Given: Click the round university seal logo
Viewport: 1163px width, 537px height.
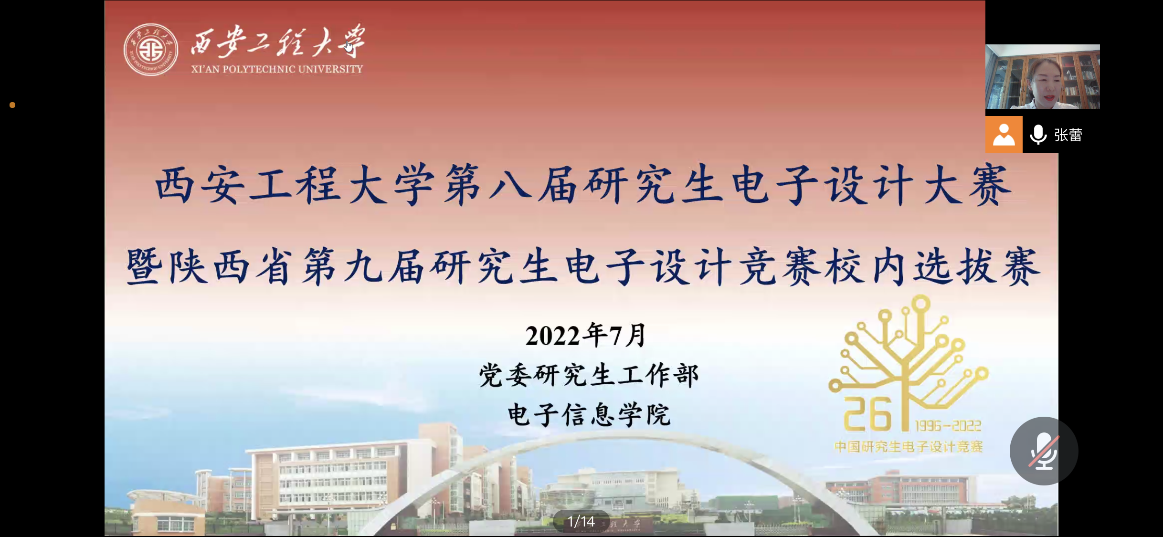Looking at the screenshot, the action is click(x=151, y=50).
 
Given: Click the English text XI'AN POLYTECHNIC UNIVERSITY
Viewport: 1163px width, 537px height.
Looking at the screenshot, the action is click(x=277, y=69).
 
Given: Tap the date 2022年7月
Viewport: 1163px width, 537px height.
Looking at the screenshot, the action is click(x=586, y=335).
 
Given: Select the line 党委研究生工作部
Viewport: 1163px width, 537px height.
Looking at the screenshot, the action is click(x=589, y=375).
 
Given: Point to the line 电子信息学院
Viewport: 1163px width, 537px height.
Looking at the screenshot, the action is click(x=589, y=414).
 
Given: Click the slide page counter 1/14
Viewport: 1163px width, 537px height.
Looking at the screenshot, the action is click(x=581, y=521).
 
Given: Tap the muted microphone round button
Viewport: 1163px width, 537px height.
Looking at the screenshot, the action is click(x=1044, y=451).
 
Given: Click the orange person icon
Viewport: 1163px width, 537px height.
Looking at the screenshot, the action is click(x=1004, y=135).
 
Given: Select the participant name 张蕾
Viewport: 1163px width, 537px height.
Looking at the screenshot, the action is click(x=1068, y=135).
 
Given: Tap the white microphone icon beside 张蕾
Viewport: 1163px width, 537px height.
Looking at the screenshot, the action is click(x=1038, y=135).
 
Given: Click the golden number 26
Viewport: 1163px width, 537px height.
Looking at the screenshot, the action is click(x=867, y=414).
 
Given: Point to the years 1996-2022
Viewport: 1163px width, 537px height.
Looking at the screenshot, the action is click(x=948, y=425).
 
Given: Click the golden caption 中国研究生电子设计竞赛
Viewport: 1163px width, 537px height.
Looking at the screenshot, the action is click(x=908, y=447).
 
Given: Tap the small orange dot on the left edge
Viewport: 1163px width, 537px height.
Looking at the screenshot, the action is click(x=12, y=105).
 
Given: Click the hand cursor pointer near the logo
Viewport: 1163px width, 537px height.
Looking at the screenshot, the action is click(x=349, y=46).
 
